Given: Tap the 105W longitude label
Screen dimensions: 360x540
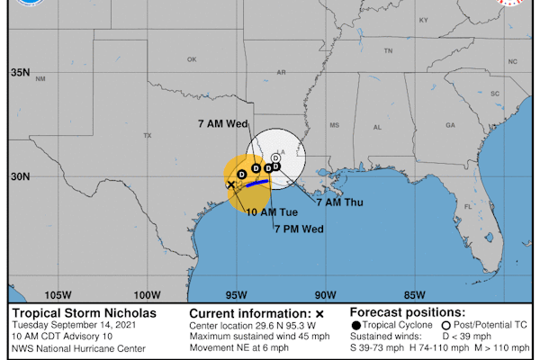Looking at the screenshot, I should pyautogui.click(x=58, y=294).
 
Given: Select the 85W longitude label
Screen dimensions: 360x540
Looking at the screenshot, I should pyautogui.click(x=414, y=294).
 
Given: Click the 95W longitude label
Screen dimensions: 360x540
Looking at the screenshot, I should pyautogui.click(x=236, y=294).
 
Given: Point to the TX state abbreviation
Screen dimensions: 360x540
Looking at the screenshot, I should pyautogui.click(x=148, y=135).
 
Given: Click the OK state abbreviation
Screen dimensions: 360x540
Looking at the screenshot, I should pyautogui.click(x=191, y=59).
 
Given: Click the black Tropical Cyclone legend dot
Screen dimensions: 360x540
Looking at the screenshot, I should pyautogui.click(x=357, y=324).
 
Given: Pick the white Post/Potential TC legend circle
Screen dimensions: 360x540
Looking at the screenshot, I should pyautogui.click(x=446, y=324).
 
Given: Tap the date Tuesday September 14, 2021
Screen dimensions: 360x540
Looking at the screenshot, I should pyautogui.click(x=81, y=325).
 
